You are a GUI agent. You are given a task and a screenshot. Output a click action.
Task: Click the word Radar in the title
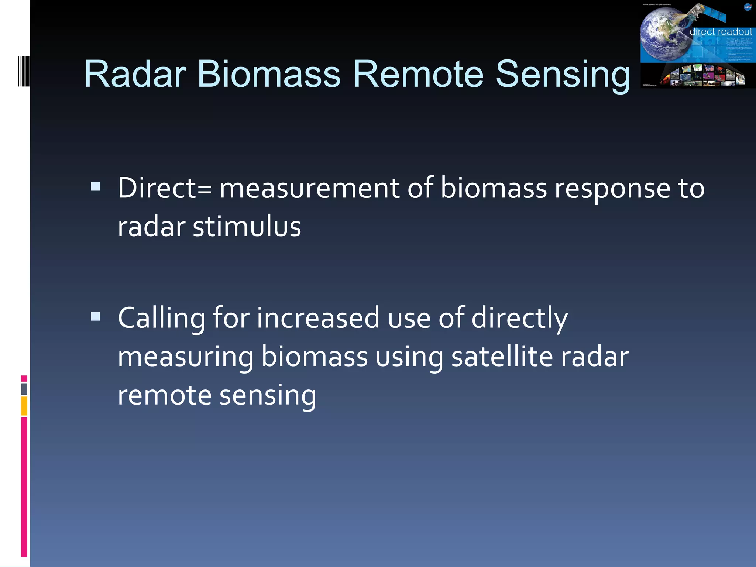click(135, 75)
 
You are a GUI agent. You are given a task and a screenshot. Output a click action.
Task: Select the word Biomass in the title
click(269, 75)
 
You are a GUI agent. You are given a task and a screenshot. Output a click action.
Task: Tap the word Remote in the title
click(418, 75)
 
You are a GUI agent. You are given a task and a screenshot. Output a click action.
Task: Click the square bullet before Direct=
click(96, 186)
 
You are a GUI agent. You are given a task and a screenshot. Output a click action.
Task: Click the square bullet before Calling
click(96, 316)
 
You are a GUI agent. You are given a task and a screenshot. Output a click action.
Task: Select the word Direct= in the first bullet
click(165, 188)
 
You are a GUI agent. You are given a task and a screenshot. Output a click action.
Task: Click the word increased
click(318, 318)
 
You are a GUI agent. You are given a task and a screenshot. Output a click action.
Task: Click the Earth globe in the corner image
click(664, 35)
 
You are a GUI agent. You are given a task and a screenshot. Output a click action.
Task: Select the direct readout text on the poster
click(720, 32)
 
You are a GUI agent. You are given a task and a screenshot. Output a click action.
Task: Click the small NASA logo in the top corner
click(748, 7)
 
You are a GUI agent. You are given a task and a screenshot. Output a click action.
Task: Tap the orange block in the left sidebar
click(24, 406)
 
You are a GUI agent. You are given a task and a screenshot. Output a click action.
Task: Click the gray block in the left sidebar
click(24, 389)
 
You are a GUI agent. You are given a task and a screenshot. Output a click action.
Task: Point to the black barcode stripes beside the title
click(24, 71)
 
